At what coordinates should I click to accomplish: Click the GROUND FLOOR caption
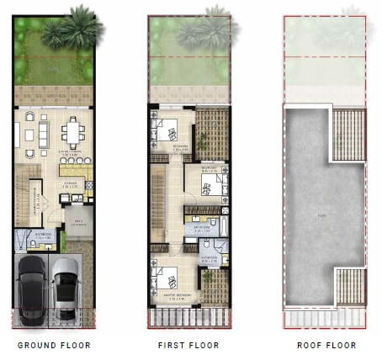click(x=54, y=346)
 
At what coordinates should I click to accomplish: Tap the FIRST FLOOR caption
click(x=188, y=346)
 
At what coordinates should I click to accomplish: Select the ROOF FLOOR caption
click(x=326, y=346)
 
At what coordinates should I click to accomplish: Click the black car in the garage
click(x=33, y=287)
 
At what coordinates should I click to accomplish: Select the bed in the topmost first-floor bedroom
click(x=167, y=130)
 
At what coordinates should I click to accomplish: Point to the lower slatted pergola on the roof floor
click(x=350, y=286)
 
